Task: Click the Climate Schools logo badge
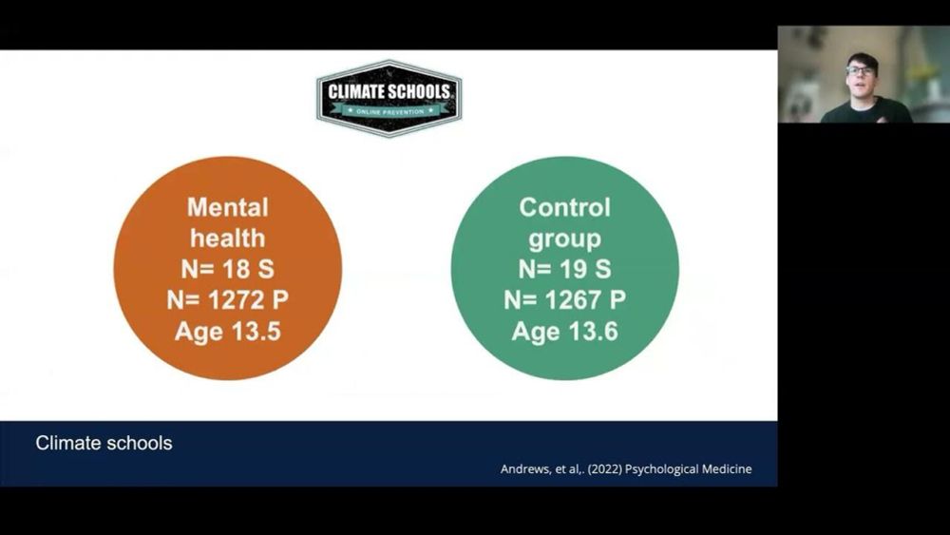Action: tap(389, 98)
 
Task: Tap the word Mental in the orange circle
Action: tap(228, 207)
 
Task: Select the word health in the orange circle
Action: tap(228, 239)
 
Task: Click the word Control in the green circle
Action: tap(564, 207)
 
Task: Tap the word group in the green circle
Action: tap(564, 239)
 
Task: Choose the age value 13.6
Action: tap(593, 332)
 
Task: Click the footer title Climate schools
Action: tap(104, 443)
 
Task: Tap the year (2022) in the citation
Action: tap(604, 469)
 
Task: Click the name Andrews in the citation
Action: tap(526, 469)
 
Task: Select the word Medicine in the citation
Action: tap(724, 469)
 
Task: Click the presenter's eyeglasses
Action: tap(861, 71)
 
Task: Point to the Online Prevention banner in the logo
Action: tap(389, 111)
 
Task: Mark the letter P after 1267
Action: tap(618, 300)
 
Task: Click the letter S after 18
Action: tap(266, 269)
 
